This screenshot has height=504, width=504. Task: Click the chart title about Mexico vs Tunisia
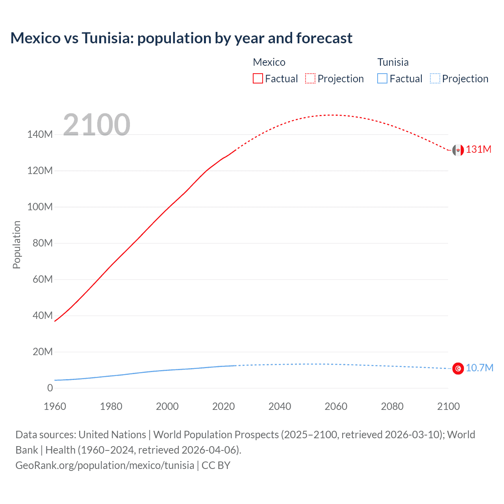(x=181, y=38)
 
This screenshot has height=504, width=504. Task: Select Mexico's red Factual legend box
(x=258, y=78)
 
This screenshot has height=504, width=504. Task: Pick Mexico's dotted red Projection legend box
(x=310, y=78)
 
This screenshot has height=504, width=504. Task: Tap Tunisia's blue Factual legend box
(x=382, y=78)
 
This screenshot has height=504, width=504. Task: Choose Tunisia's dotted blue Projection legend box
(x=435, y=78)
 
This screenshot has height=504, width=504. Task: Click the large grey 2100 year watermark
(x=96, y=125)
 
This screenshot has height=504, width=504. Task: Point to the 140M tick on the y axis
(x=40, y=135)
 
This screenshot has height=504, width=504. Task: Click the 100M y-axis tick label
(x=40, y=207)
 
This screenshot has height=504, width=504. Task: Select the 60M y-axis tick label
(x=42, y=280)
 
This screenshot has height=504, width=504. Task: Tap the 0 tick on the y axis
(x=50, y=388)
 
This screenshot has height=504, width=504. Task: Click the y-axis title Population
(x=17, y=245)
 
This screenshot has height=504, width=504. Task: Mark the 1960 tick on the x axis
(x=55, y=406)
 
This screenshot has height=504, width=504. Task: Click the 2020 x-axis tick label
(x=223, y=406)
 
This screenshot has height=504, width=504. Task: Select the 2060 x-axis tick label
(x=336, y=406)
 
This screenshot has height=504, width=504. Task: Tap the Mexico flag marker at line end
(x=458, y=150)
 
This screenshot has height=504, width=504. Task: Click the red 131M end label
(x=478, y=150)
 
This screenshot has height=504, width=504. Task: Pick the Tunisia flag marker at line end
(x=458, y=369)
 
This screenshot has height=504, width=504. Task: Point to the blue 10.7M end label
(x=479, y=368)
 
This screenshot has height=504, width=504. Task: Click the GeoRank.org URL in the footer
(x=105, y=465)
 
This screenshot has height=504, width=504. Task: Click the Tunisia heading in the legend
(x=393, y=62)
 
